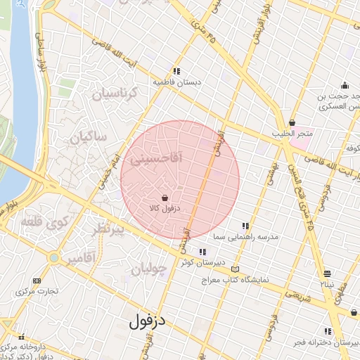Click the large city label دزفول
click(148, 321)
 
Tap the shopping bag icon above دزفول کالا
click(165, 198)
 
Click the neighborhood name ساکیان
click(87, 137)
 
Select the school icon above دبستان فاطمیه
click(177, 71)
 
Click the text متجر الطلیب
click(292, 134)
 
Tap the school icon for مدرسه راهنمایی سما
click(245, 226)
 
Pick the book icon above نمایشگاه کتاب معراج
click(234, 269)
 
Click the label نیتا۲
click(328, 285)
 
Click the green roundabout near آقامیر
click(53, 258)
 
